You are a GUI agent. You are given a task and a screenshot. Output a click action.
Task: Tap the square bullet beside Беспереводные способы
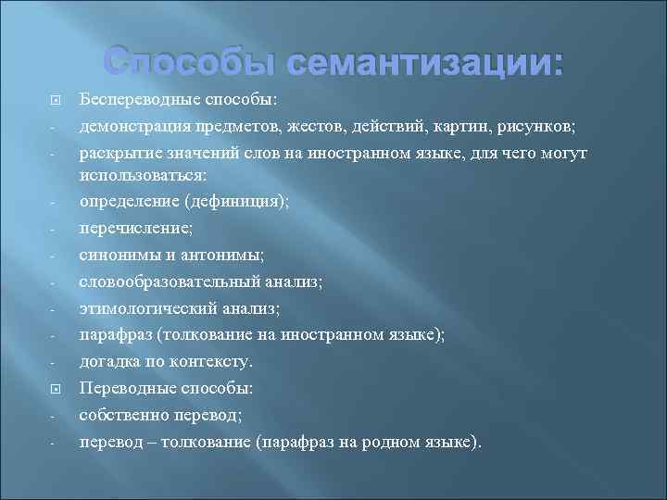point(55,99)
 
